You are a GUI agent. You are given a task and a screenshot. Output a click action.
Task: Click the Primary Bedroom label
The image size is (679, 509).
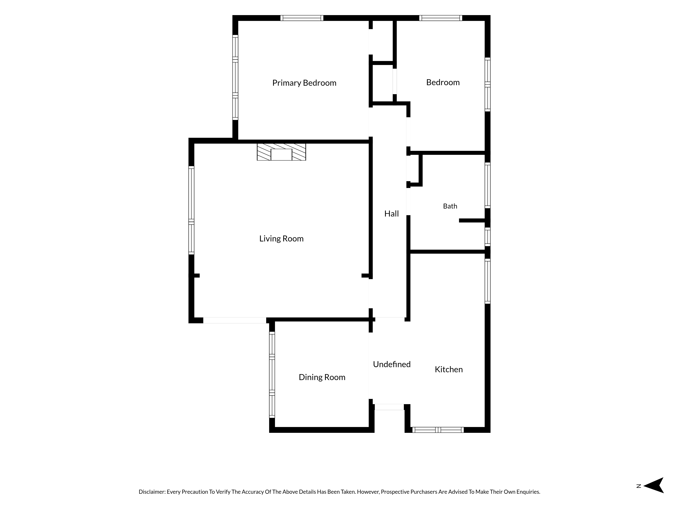(x=304, y=83)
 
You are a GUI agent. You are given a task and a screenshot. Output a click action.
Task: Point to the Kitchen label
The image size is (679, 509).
(x=449, y=369)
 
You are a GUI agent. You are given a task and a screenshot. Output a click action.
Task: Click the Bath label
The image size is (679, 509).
(x=450, y=206)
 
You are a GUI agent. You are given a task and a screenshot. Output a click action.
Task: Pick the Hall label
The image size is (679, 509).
(x=391, y=214)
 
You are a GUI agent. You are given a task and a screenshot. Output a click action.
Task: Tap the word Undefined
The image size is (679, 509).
(x=392, y=364)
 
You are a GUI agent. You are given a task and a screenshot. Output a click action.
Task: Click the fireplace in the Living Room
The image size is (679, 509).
(x=281, y=152)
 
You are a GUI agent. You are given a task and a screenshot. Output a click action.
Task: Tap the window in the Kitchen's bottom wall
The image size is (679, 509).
(x=438, y=430)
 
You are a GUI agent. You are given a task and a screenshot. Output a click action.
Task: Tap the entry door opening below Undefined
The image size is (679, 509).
(x=389, y=407)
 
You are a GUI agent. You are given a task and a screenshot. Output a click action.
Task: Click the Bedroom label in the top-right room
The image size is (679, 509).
(x=443, y=82)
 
